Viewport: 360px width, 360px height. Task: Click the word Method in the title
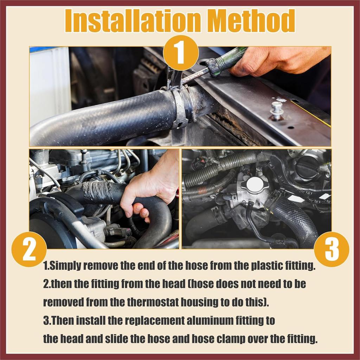[252, 21]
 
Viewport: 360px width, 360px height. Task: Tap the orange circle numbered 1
[181, 53]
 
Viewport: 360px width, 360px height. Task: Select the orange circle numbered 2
[29, 249]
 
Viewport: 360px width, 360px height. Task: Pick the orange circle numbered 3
[332, 249]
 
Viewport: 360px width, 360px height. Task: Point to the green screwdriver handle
[226, 61]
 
